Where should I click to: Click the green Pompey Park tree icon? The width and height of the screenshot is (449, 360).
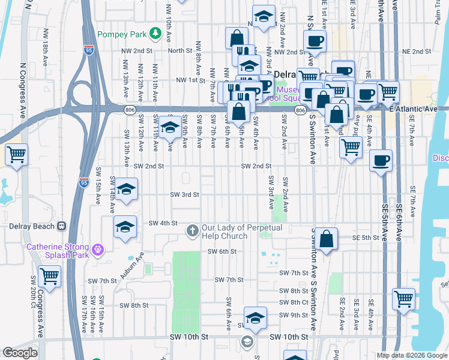tap(155, 32)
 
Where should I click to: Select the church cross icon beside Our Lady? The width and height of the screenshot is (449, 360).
tap(193, 229)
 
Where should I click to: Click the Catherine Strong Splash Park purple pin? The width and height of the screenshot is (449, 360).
tap(98, 248)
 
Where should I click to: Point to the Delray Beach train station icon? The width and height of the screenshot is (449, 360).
tap(61, 226)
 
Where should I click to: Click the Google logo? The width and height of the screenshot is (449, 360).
tap(20, 353)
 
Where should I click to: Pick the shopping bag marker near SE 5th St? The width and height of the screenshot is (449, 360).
tap(326, 239)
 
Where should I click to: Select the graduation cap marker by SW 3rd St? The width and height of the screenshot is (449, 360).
tap(126, 190)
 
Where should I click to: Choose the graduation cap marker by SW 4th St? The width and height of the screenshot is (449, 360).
tap(125, 227)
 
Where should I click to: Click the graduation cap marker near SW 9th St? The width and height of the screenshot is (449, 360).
tap(255, 317)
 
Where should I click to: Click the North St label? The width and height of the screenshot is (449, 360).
tap(179, 51)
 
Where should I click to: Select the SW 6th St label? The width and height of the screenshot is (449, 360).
tap(222, 251)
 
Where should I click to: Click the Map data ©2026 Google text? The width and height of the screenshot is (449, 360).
tap(411, 355)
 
